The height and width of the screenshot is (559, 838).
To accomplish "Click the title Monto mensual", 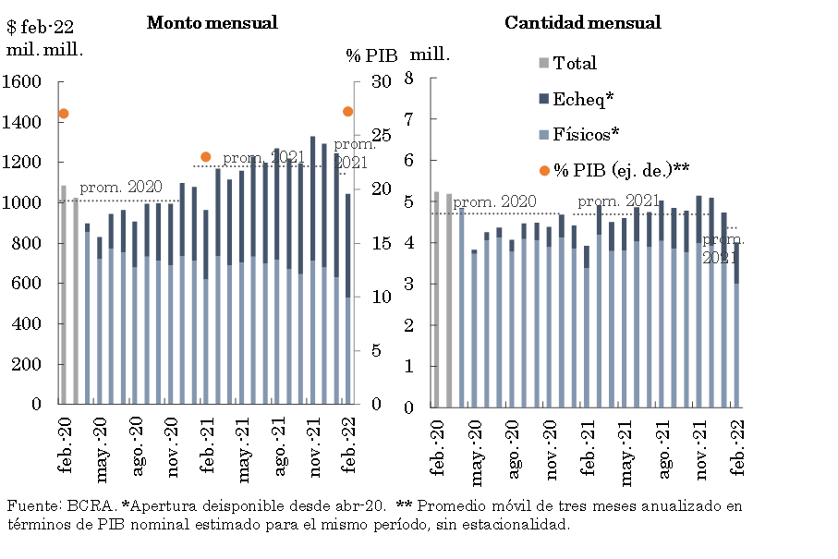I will [212, 23].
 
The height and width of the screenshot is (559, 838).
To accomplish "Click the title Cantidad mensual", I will [582, 23].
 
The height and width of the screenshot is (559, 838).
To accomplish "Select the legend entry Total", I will [575, 64].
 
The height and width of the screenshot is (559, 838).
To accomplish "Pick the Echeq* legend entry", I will [583, 99].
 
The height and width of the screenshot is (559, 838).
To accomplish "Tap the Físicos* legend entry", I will [586, 134].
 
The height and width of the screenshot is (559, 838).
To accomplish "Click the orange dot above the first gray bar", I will [64, 114].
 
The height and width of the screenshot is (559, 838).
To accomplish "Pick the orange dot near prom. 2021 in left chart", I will [206, 157].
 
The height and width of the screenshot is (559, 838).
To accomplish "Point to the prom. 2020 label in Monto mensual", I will [121, 188].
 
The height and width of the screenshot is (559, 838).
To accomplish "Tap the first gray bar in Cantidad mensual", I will [437, 299].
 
